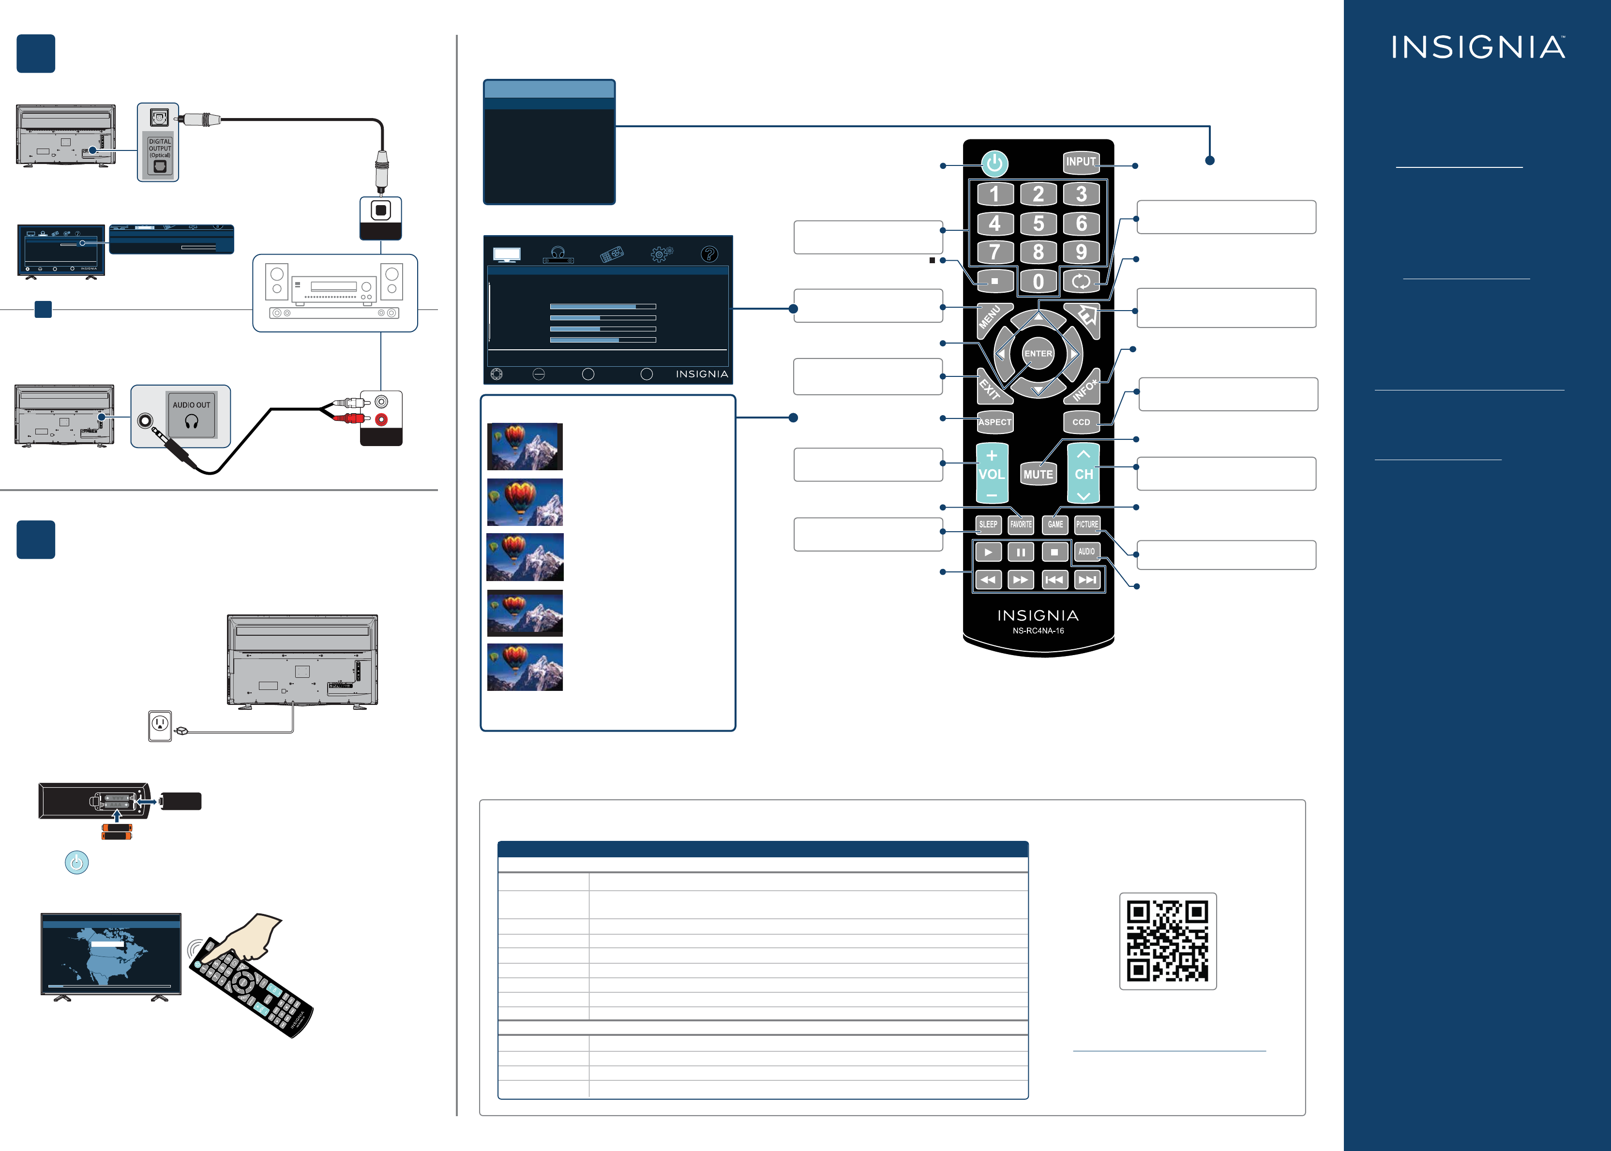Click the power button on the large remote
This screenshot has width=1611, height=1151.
[x=994, y=164]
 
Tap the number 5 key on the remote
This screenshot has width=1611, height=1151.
[x=1039, y=223]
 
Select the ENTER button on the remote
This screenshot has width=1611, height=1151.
[x=1039, y=354]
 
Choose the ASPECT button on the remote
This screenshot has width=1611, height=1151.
[x=994, y=422]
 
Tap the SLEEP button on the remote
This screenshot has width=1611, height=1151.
[x=988, y=524]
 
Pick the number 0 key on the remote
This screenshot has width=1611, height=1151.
[x=1039, y=282]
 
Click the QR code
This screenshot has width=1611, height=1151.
[x=1167, y=941]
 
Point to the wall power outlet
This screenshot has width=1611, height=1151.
[x=160, y=725]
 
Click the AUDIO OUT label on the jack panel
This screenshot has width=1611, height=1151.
[x=191, y=404]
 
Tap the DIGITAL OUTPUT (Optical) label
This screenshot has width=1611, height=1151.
[x=160, y=148]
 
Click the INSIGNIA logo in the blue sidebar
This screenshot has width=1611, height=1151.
[x=1478, y=47]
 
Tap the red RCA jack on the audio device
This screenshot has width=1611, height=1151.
[x=381, y=419]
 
